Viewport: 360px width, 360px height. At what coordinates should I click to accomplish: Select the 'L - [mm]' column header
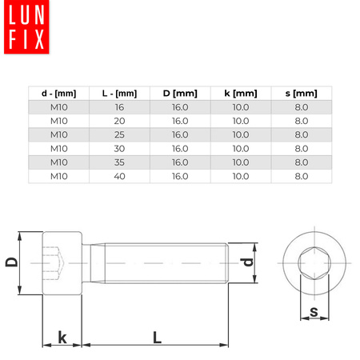click(x=119, y=94)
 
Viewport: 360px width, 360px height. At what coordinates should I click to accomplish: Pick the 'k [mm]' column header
click(x=241, y=94)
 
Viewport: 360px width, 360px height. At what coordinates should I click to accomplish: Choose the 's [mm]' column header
click(x=301, y=94)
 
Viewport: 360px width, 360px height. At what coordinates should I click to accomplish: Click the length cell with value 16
click(x=119, y=107)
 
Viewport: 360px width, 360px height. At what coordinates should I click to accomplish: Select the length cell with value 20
click(x=119, y=121)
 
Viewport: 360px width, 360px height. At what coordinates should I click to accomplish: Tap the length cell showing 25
click(x=119, y=134)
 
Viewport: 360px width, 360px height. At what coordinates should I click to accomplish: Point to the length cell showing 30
click(x=119, y=148)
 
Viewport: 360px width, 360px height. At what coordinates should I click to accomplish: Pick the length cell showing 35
click(x=119, y=162)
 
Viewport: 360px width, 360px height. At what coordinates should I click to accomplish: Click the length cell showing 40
click(x=119, y=175)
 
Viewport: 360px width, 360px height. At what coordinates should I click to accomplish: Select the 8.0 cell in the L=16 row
click(x=301, y=107)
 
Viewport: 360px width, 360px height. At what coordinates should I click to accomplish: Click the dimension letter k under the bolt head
click(x=62, y=338)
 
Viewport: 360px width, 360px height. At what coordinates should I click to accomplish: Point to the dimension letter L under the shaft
click(x=157, y=338)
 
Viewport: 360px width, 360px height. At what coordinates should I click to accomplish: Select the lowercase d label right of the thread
click(x=248, y=262)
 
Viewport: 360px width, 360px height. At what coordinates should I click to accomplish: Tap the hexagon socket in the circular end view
click(x=314, y=261)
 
